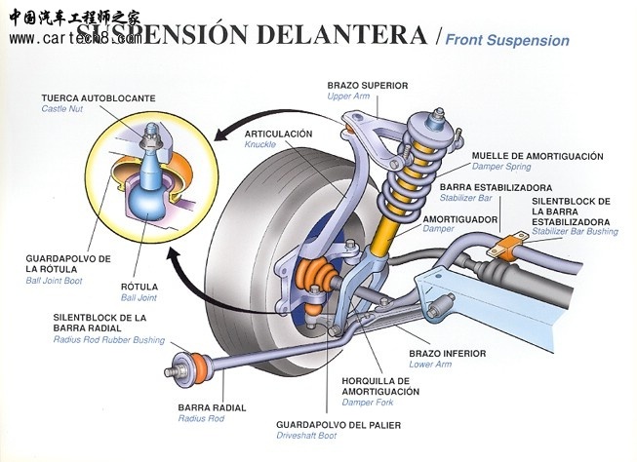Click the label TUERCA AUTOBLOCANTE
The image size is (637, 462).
[98, 98]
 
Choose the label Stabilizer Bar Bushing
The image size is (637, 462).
[575, 233]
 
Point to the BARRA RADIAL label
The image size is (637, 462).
[212, 407]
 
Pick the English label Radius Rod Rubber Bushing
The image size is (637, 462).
[108, 340]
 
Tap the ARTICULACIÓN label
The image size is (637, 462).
[278, 134]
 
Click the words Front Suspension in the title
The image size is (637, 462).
[507, 41]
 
